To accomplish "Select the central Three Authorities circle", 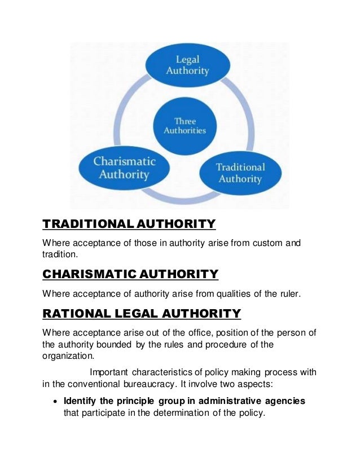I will coord(185,126).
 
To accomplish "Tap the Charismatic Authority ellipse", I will coord(124,168).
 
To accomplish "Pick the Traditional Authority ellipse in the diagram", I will coord(240,173).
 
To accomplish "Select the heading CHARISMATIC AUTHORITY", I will coord(130,274).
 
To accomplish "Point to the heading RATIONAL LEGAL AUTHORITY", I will coord(142,313).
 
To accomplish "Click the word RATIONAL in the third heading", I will coord(78,313).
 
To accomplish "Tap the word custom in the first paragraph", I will coord(267,243).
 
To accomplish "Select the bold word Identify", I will coord(80,401).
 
